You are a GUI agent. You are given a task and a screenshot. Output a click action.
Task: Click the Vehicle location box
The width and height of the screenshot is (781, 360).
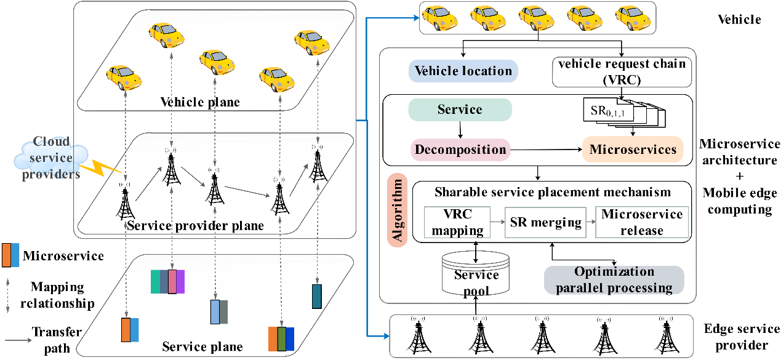point(463,71)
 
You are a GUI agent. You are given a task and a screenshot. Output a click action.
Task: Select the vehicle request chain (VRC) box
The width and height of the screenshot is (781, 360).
point(622,73)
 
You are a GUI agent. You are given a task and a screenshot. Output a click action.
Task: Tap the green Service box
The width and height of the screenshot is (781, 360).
point(460,110)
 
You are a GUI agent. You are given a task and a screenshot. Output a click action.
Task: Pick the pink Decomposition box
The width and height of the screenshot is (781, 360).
point(460,150)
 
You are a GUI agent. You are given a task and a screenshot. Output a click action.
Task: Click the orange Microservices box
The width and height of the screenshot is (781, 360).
point(633,150)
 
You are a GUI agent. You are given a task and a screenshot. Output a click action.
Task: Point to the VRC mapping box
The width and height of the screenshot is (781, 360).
point(457,223)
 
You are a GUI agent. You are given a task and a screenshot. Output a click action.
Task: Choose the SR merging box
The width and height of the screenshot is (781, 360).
point(546,222)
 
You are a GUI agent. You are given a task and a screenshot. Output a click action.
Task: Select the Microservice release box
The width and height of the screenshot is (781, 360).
point(641,223)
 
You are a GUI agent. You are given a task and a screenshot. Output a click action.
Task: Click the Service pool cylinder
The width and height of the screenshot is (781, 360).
point(476,274)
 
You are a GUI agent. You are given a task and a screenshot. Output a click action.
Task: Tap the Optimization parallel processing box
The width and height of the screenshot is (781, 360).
point(614,280)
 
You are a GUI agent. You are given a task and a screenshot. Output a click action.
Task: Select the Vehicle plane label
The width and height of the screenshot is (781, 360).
point(200,102)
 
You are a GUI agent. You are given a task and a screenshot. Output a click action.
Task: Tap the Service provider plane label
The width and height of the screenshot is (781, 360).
point(195,225)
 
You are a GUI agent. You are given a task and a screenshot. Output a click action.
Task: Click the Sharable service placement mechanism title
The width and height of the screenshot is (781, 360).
point(552,192)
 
